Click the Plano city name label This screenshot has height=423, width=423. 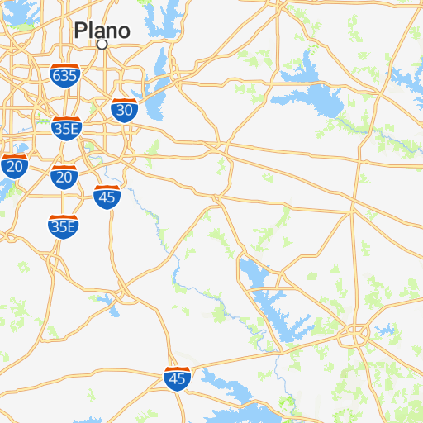(x=102, y=31)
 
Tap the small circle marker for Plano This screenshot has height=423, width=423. (x=102, y=45)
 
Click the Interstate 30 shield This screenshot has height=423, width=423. (x=124, y=109)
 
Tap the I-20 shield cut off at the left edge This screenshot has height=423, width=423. (x=13, y=166)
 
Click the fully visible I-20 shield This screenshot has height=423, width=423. (x=64, y=175)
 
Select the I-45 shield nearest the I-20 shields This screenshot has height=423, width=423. (x=107, y=197)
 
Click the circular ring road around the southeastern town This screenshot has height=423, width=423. (x=357, y=335)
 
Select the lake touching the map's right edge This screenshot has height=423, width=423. (x=408, y=78)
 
